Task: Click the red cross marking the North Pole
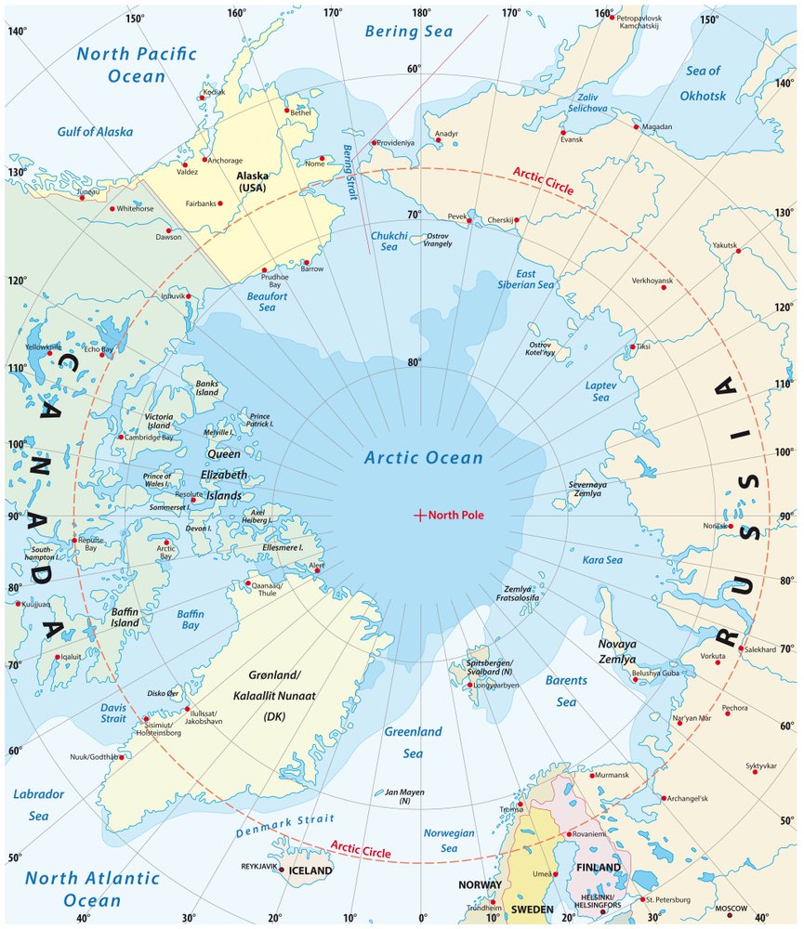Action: coord(419,514)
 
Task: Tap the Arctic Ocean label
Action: coord(423,458)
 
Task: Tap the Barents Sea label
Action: coord(565,691)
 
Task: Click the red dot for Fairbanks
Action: coord(220,203)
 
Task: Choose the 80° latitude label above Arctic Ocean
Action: coord(414,363)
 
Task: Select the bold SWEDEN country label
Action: coord(534,908)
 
